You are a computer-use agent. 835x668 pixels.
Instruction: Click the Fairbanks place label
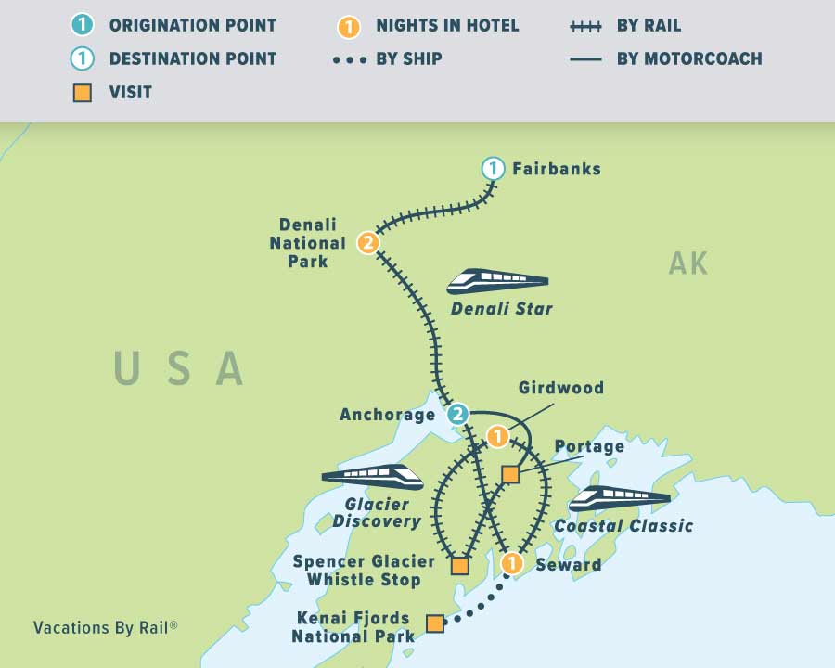coord(556,169)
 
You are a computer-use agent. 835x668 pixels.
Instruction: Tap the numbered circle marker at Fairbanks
coord(493,169)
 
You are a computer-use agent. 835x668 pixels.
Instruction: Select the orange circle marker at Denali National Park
coord(368,243)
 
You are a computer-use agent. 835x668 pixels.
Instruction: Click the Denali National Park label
coord(307,243)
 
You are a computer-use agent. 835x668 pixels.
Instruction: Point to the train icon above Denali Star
coord(497,281)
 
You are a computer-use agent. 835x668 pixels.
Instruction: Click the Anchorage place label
coord(387,415)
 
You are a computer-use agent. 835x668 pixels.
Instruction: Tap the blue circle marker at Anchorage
coord(457,414)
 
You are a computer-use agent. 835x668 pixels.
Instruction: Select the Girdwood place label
coord(560,388)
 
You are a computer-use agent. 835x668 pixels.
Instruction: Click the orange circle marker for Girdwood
coord(498,435)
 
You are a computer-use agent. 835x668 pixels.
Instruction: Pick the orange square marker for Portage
coord(510,475)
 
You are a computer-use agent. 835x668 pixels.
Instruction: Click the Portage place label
coord(589,446)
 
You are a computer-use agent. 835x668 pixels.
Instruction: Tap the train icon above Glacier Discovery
coord(372,477)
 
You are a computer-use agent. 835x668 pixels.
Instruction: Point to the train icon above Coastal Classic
coord(619,498)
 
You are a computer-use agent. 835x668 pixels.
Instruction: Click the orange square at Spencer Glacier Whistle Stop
coord(459,565)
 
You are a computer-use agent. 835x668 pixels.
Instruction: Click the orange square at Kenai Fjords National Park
coord(434,623)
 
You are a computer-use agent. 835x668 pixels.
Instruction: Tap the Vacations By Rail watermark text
coord(105,627)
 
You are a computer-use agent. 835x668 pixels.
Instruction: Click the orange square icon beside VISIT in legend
coord(83,92)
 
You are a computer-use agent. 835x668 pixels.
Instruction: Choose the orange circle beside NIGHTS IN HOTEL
coord(349,27)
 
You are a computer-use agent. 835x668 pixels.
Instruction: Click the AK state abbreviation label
coord(688,264)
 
